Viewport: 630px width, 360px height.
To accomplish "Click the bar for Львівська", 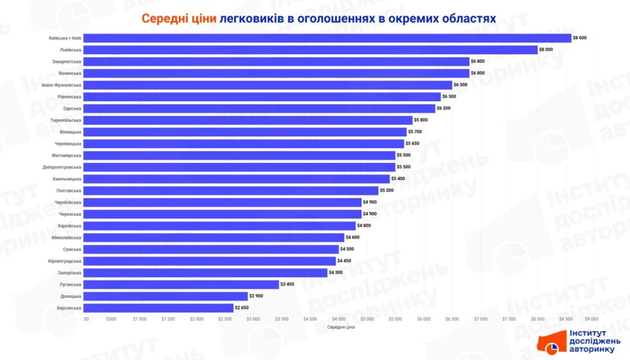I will coord(310,50).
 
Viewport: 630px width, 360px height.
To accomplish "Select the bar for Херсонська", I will coord(158,308).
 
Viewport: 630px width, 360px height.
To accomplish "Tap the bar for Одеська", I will coord(259,108).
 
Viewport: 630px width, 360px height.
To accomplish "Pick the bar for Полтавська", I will coord(230,191).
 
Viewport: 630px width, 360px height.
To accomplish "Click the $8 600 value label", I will coord(580,38).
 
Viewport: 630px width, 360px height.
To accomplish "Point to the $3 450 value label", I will coord(287,284).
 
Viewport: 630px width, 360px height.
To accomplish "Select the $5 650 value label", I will coord(412,144).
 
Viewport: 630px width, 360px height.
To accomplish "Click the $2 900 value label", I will coord(256,296).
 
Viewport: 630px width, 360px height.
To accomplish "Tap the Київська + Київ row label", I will coord(65,38).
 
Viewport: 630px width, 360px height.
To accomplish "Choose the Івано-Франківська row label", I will coord(61,85).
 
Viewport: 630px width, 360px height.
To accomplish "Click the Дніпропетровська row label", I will coord(62,167).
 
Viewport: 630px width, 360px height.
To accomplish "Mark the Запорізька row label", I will coord(69,273).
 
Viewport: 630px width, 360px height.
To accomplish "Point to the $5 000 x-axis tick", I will coord(367,319).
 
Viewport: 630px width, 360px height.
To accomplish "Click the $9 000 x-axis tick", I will coord(591,319).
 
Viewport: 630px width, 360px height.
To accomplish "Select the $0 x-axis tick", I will coord(86,319).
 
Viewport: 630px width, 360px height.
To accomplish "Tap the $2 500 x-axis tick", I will coord(225,319).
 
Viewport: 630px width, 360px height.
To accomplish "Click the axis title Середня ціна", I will coord(341,327).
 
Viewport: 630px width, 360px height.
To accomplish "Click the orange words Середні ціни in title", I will coord(179,18).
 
